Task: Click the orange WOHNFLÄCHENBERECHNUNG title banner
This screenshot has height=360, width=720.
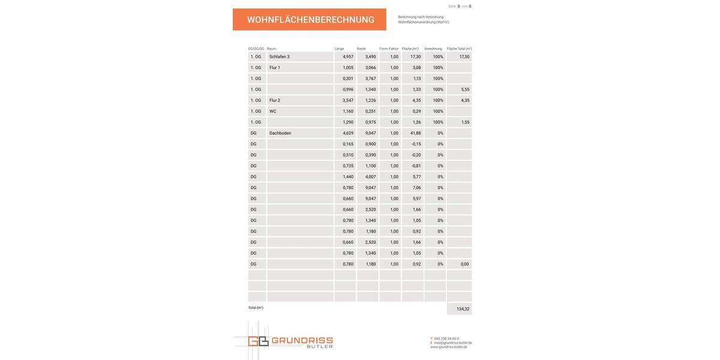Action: (x=310, y=20)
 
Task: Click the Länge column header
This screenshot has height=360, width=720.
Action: (x=339, y=49)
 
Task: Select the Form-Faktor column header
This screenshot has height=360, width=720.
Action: (x=389, y=49)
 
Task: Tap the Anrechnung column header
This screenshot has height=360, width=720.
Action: (x=433, y=49)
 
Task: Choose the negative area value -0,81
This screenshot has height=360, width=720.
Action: (x=416, y=166)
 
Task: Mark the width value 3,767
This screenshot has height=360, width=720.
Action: (x=370, y=79)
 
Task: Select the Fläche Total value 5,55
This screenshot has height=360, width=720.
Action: (x=465, y=89)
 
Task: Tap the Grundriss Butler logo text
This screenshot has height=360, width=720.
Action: (x=302, y=342)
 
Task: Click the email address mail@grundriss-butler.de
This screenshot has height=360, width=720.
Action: (x=452, y=343)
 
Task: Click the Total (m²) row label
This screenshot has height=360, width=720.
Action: (x=256, y=308)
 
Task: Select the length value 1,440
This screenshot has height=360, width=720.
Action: (x=348, y=177)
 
